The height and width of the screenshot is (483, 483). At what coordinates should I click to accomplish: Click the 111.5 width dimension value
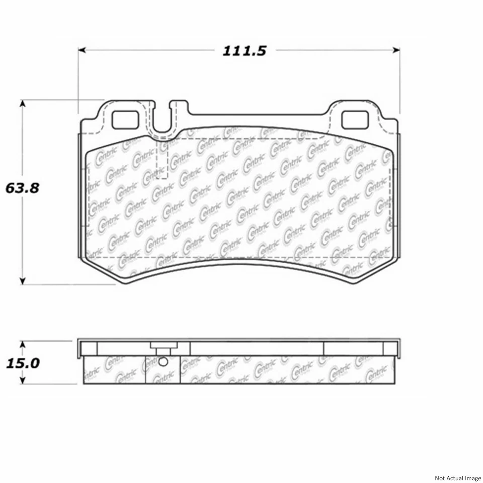tap(244, 51)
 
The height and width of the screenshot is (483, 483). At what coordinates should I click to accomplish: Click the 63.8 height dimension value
tap(22, 188)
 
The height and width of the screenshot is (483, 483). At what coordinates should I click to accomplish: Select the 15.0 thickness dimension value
tap(22, 363)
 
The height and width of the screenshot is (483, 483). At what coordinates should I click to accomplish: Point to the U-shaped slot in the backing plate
tap(162, 121)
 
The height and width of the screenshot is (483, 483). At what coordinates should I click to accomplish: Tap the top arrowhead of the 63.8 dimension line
tap(22, 103)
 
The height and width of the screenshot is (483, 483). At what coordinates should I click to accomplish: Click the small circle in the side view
tap(163, 362)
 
